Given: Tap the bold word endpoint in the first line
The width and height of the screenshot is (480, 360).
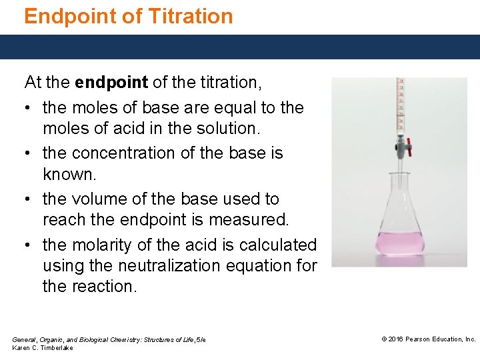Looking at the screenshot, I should (x=111, y=83).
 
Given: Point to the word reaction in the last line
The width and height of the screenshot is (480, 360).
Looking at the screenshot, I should (x=108, y=287).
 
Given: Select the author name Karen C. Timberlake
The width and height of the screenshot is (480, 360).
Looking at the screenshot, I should (x=43, y=348).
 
